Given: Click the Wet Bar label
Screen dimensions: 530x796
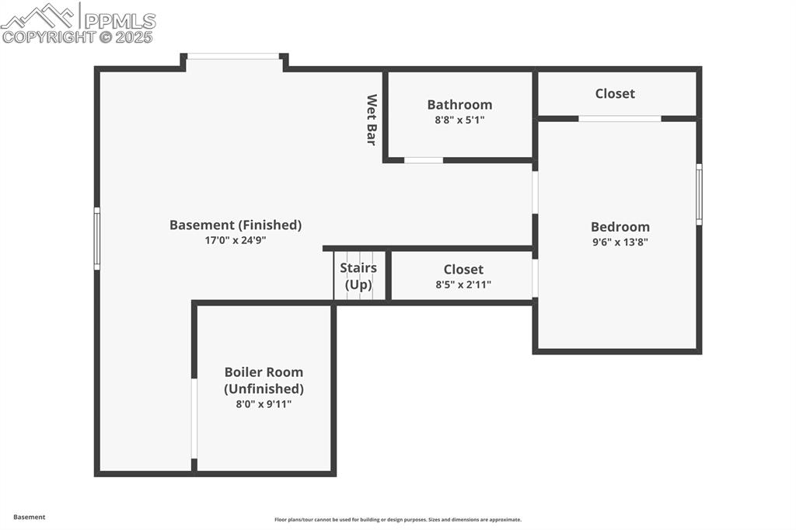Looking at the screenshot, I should pyautogui.click(x=372, y=120).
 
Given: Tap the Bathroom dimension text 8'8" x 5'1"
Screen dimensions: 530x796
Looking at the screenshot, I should pyautogui.click(x=459, y=120).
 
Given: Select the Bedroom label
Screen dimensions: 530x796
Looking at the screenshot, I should pyautogui.click(x=620, y=227).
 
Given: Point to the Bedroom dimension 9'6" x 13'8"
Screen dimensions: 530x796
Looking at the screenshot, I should pyautogui.click(x=620, y=242).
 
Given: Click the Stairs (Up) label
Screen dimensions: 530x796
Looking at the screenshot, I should pyautogui.click(x=358, y=276).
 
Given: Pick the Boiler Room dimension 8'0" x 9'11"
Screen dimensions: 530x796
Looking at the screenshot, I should pyautogui.click(x=264, y=404).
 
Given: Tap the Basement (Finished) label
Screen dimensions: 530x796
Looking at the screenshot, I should pyautogui.click(x=236, y=225).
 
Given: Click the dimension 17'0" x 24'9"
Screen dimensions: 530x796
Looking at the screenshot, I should pyautogui.click(x=236, y=240).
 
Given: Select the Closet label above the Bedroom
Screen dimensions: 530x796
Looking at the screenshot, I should pyautogui.click(x=615, y=93).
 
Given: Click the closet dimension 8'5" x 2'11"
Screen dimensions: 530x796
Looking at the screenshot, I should pyautogui.click(x=463, y=284).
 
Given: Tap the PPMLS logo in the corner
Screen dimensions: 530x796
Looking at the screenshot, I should pyautogui.click(x=78, y=17).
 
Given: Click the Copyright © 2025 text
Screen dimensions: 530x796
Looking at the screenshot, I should pyautogui.click(x=78, y=37).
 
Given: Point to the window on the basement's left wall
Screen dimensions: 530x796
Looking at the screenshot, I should pyautogui.click(x=97, y=239).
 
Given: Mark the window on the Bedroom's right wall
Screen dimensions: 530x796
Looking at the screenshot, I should pyautogui.click(x=699, y=194).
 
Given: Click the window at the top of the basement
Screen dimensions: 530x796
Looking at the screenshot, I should pyautogui.click(x=233, y=56).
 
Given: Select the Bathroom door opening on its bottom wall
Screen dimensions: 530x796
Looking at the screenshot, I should pyautogui.click(x=424, y=160).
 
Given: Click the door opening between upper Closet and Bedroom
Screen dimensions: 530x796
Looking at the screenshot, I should pyautogui.click(x=620, y=119).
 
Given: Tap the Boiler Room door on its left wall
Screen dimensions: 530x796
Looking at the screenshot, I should pyautogui.click(x=194, y=418).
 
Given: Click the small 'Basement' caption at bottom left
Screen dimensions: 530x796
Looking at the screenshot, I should pyautogui.click(x=30, y=517).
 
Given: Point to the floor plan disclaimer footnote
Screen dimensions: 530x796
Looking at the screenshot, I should pyautogui.click(x=397, y=520).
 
